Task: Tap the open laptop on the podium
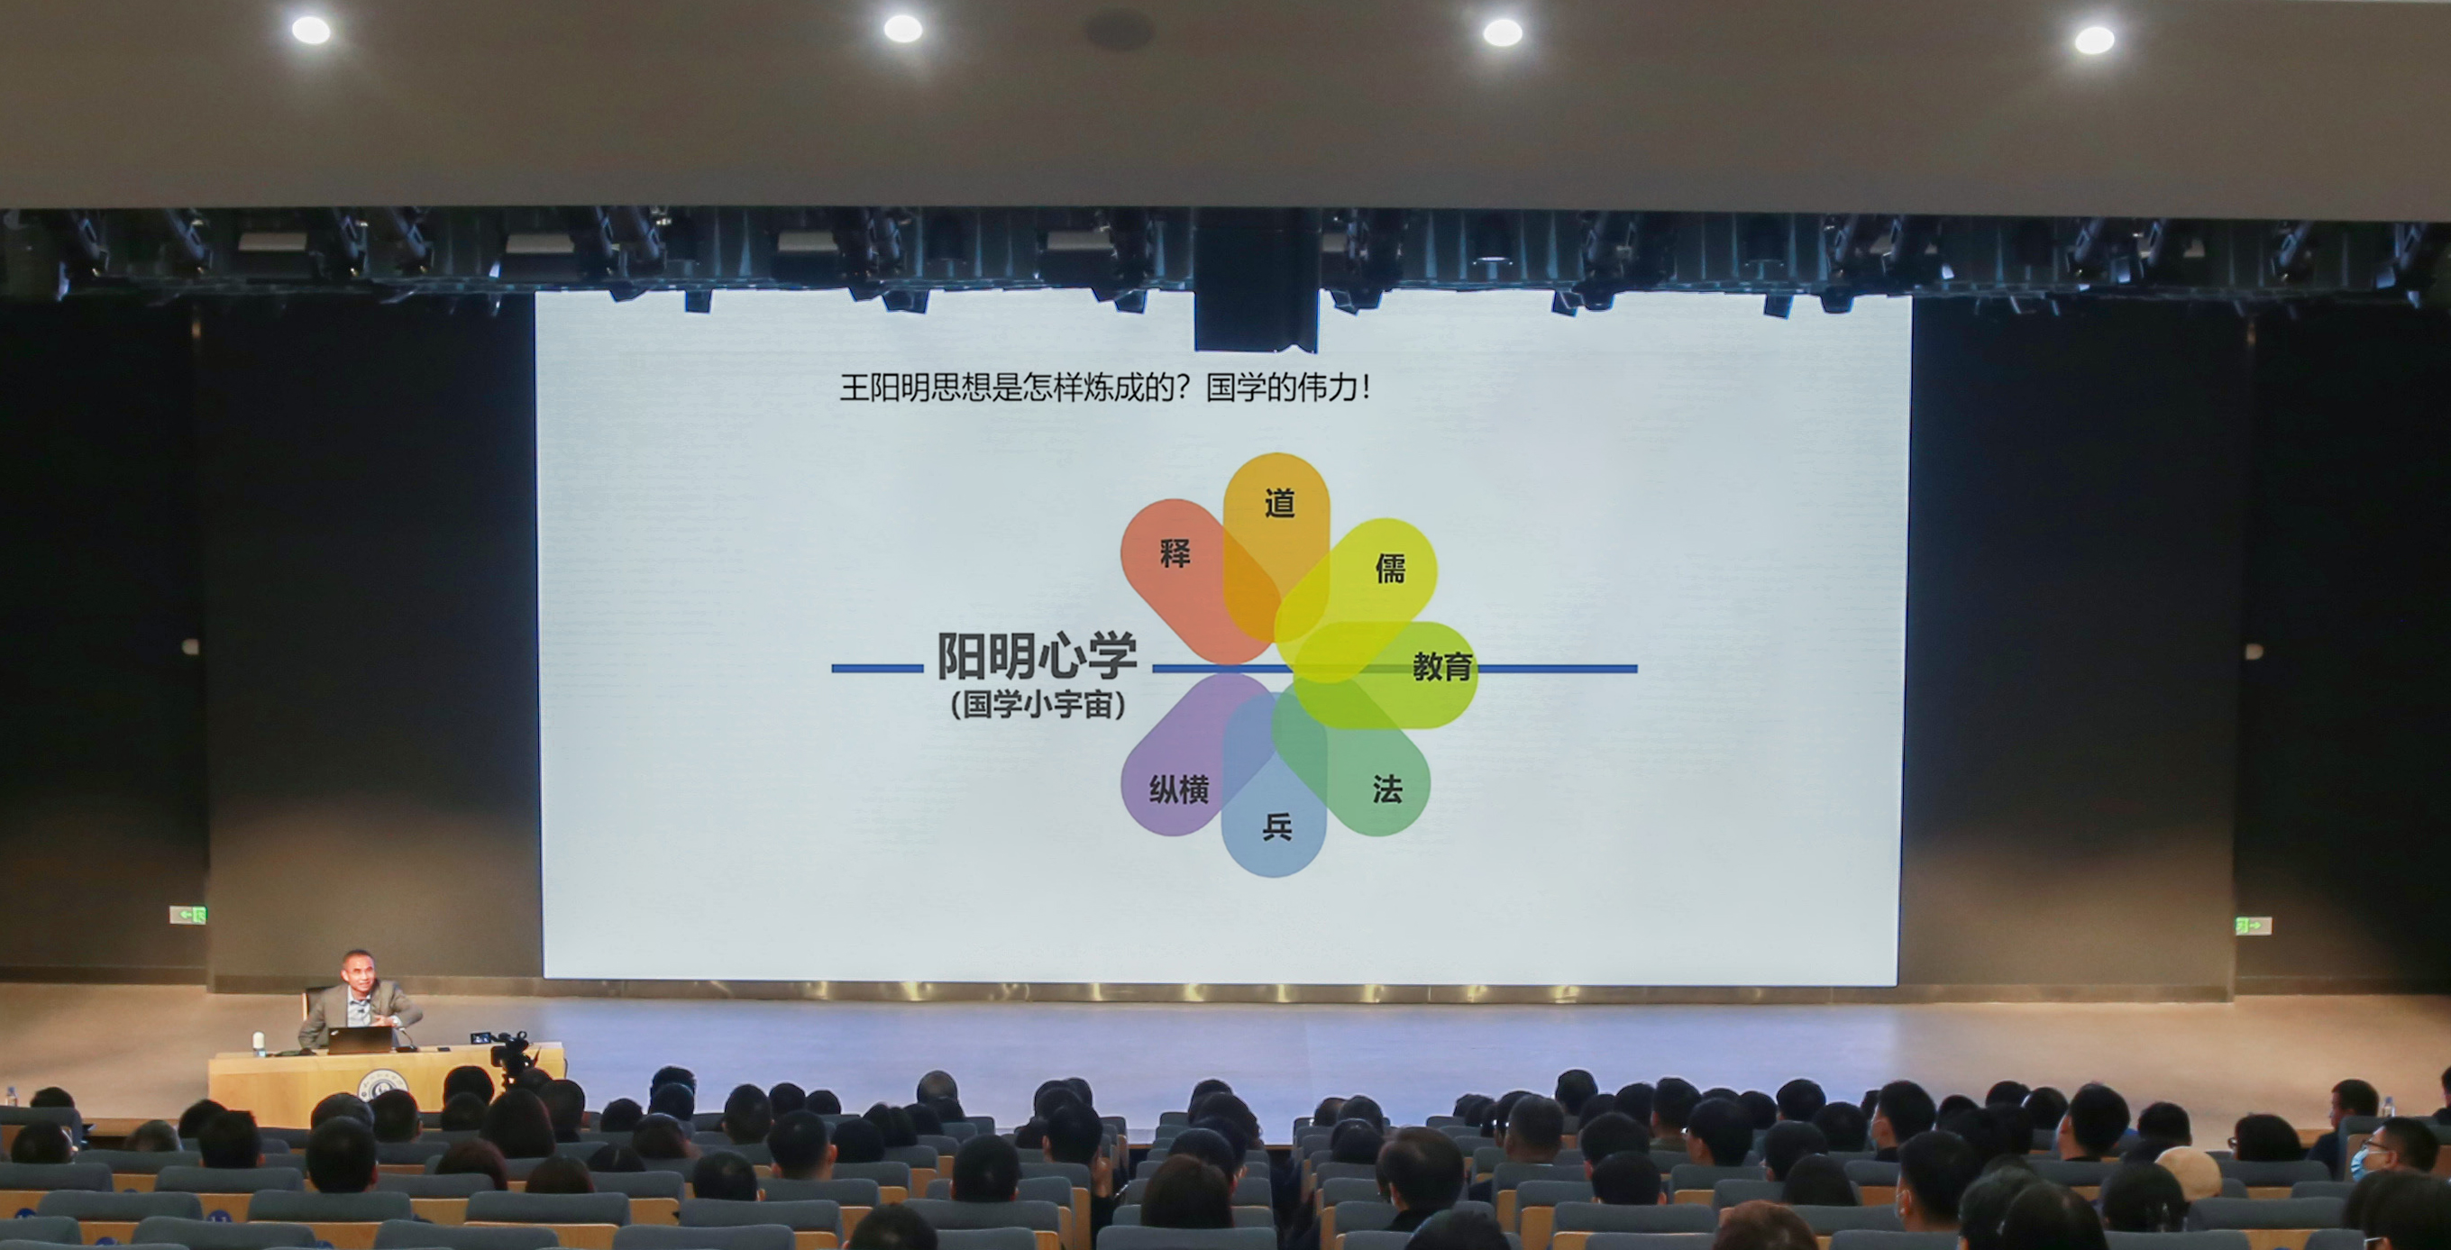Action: click(x=360, y=1040)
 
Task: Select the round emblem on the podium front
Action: click(x=382, y=1082)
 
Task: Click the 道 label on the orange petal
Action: click(x=1279, y=503)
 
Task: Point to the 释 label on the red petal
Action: click(x=1175, y=552)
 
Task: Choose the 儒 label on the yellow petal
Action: click(x=1390, y=569)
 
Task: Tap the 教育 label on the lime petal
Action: click(x=1441, y=666)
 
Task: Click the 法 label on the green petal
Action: click(x=1386, y=789)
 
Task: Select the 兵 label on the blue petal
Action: click(x=1276, y=826)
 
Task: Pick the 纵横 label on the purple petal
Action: click(x=1179, y=789)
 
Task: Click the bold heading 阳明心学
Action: click(x=1038, y=655)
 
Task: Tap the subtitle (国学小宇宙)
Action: click(x=1038, y=704)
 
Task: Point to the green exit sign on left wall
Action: click(x=187, y=914)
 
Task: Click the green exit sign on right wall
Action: click(x=2252, y=925)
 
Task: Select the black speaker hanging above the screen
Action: click(x=1256, y=280)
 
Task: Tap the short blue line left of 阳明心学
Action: click(x=877, y=669)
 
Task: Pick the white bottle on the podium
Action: click(x=259, y=1044)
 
